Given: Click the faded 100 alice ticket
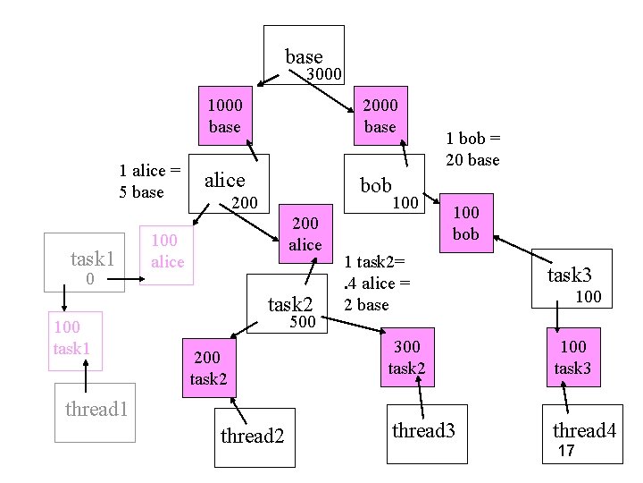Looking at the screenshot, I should coord(167,252).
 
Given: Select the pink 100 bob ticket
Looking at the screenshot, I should coord(465,224).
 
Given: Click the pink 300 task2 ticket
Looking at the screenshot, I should coord(405,358).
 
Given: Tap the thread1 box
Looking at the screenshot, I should coord(95,411).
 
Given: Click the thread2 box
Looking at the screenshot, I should coord(252,436).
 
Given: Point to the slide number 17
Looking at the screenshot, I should coord(566,452).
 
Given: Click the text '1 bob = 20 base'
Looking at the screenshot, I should coord(472,149).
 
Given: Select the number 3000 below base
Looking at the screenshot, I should coord(324,74).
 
